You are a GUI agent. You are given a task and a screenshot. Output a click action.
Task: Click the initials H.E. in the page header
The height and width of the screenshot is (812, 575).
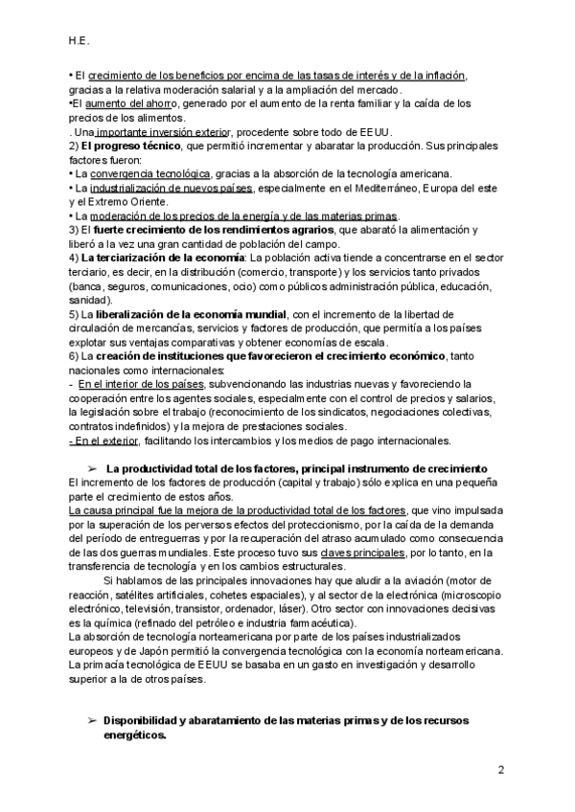click(x=80, y=41)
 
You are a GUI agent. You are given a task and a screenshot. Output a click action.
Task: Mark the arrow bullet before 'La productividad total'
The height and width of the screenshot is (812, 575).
click(x=93, y=468)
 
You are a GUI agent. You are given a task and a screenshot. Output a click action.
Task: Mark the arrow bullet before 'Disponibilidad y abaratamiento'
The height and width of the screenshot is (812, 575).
click(x=93, y=720)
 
